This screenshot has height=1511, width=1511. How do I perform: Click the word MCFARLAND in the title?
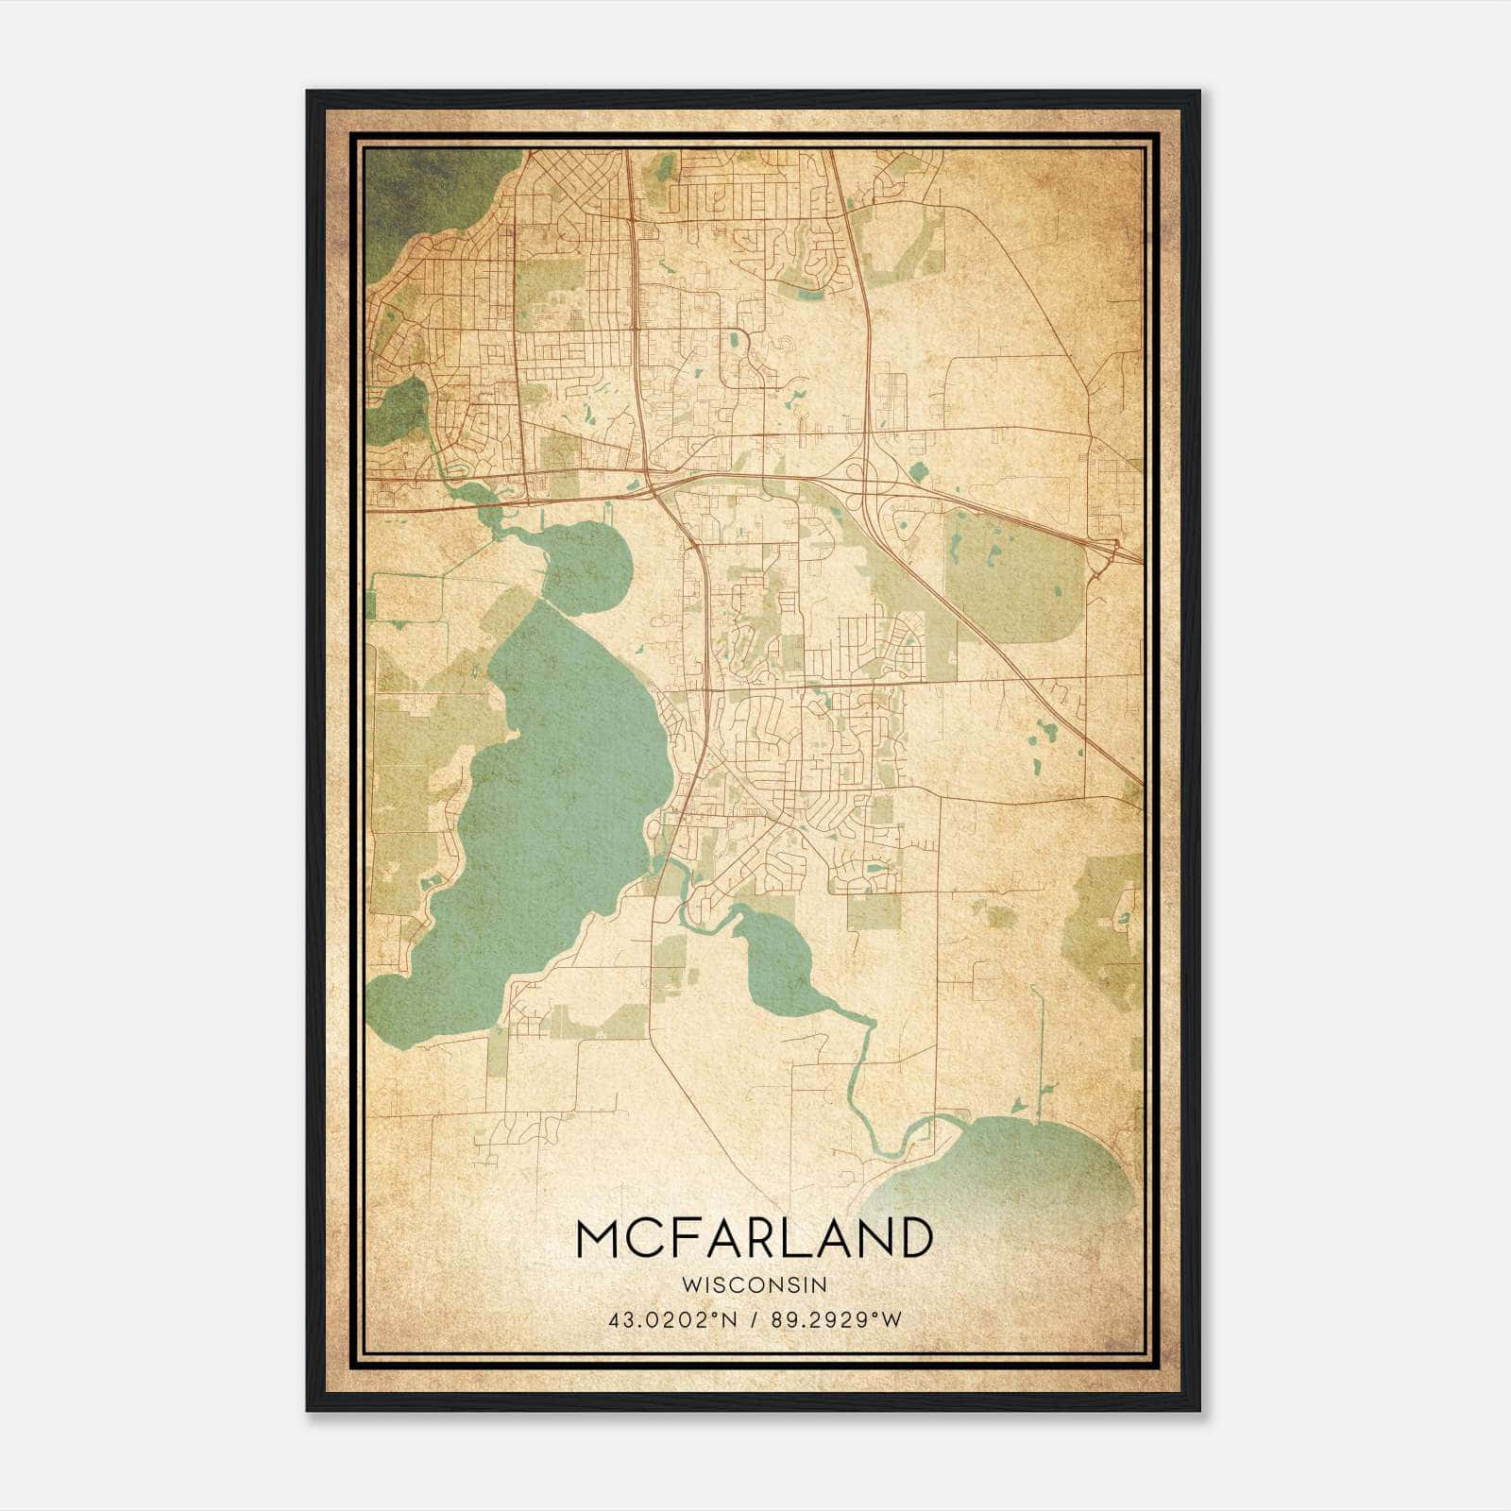[x=754, y=1238]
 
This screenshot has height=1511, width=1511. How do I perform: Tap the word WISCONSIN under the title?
[x=754, y=1285]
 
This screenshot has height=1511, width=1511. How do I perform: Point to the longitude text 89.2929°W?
[x=837, y=1320]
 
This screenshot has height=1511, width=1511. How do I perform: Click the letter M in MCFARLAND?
[x=597, y=1238]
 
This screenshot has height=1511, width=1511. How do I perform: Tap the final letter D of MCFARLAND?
[x=914, y=1238]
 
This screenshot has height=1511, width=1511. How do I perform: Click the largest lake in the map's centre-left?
[x=548, y=784]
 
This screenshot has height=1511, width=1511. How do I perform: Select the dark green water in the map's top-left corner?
[x=416, y=189]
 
